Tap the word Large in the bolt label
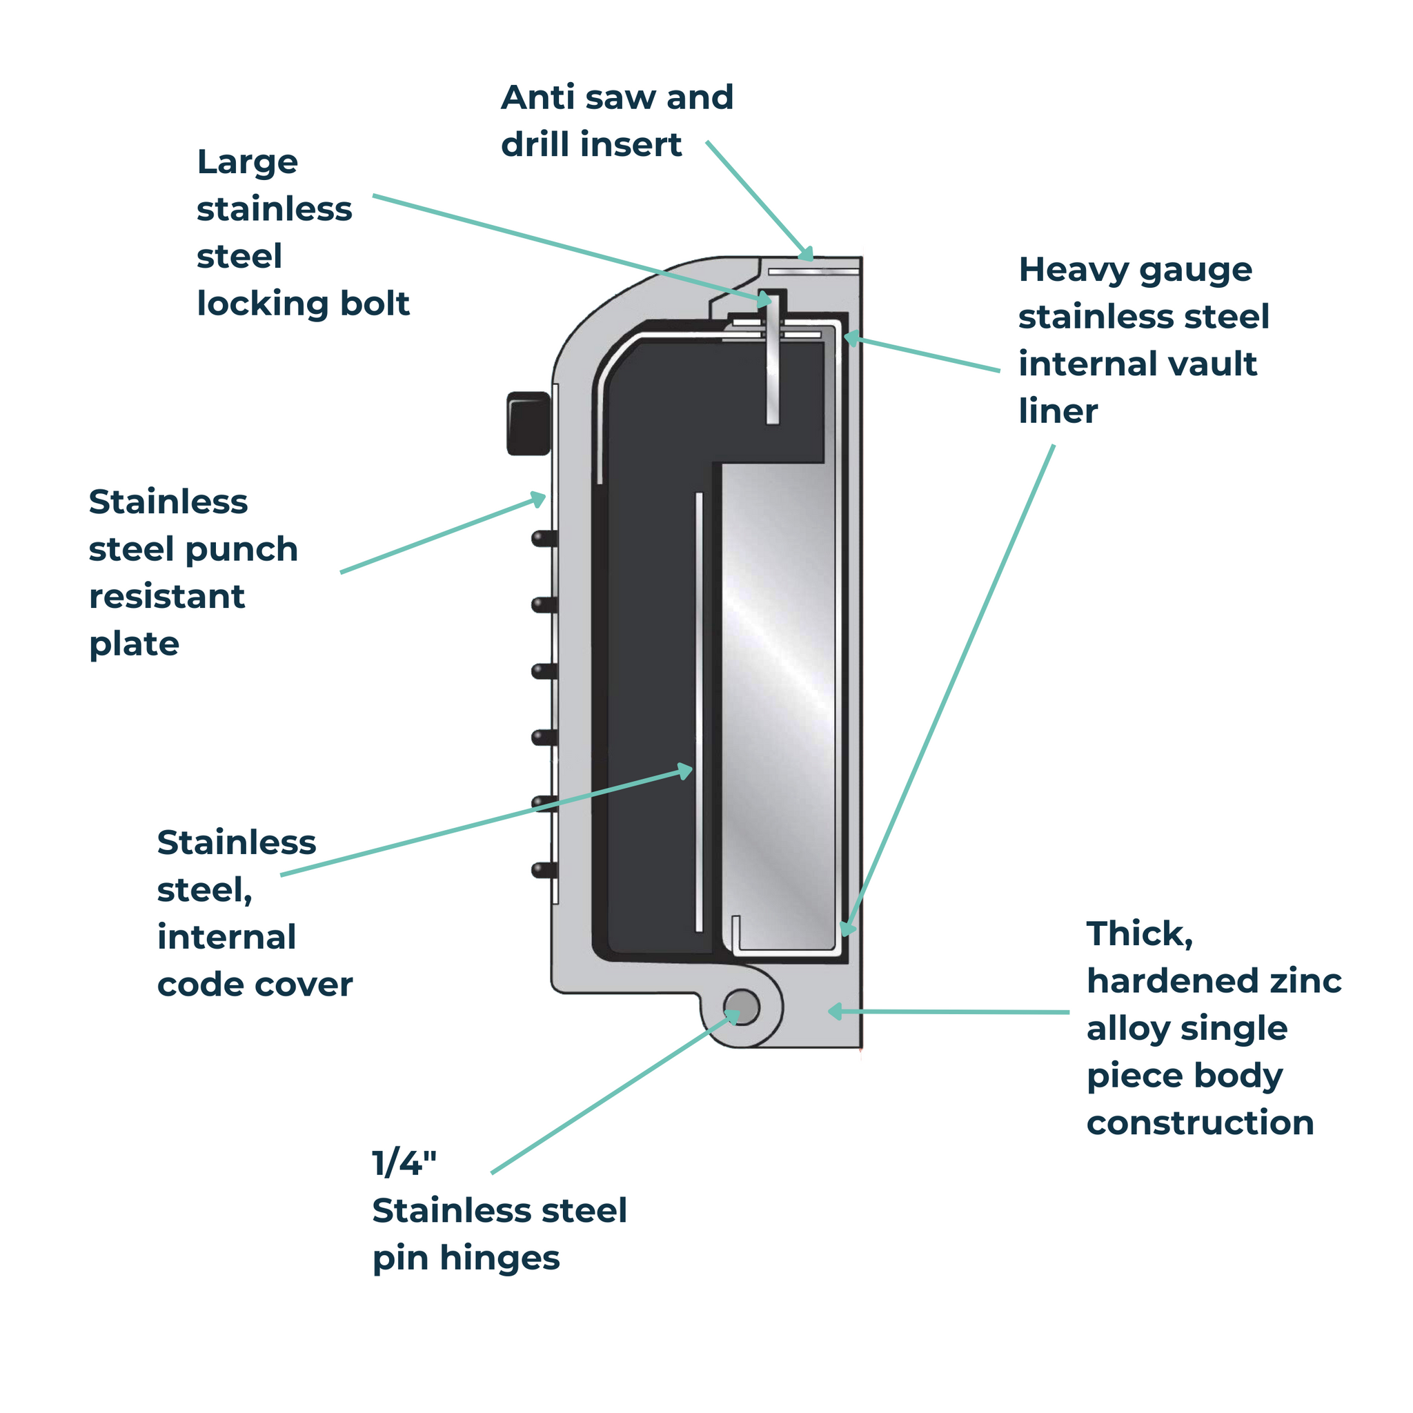(x=247, y=162)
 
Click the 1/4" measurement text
(x=404, y=1163)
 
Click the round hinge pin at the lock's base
(x=742, y=1007)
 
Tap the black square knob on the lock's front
(x=528, y=424)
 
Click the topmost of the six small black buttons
(x=544, y=539)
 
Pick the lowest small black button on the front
(x=544, y=869)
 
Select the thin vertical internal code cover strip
(x=698, y=709)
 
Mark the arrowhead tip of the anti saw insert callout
(x=808, y=257)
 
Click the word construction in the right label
(x=1199, y=1123)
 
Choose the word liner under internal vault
(x=1058, y=412)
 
